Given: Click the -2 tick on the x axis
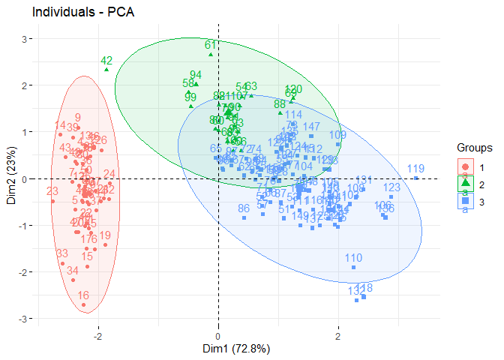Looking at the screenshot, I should pos(97,334).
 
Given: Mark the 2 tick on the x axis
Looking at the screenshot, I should pos(338,334).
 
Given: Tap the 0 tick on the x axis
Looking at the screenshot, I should pos(218,334).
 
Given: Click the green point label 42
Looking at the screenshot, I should pos(106,61).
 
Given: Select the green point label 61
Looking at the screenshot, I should pos(211,45).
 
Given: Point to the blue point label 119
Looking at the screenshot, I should pos(416,169).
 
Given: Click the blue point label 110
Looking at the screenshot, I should pos(353,259).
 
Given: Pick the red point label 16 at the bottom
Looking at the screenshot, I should pos(83,296).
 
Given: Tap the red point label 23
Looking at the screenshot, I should pos(52,192).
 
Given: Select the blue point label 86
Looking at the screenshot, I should pos(244,208).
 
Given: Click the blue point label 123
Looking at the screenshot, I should pos(391,187).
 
